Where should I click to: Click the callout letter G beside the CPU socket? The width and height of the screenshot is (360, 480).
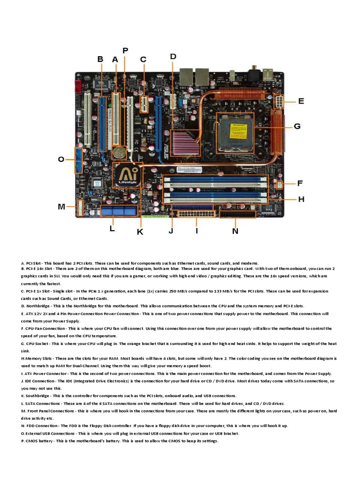tap(297, 126)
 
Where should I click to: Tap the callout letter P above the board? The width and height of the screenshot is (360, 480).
tap(125, 50)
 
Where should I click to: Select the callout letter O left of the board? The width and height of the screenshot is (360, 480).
tap(61, 159)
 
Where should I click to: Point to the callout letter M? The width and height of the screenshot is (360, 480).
tap(61, 207)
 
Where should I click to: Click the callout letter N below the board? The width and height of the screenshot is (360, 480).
tap(235, 231)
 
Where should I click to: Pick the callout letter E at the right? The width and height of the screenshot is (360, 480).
tap(301, 101)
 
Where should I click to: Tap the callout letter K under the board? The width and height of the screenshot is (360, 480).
tap(140, 232)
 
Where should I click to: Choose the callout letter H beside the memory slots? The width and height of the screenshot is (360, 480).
tap(301, 199)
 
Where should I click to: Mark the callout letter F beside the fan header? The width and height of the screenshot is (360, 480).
tap(300, 183)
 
